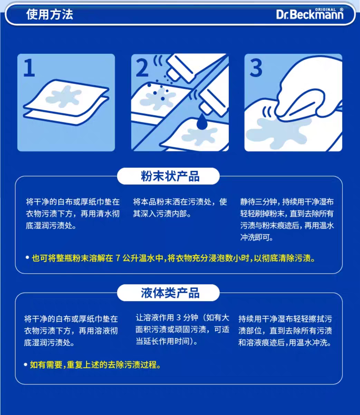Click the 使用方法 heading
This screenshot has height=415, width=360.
point(50,15)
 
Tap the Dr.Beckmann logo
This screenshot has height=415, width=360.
point(310,14)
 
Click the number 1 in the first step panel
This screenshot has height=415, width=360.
point(29,68)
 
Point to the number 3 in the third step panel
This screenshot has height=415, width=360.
point(256,68)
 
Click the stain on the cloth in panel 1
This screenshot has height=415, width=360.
point(64,96)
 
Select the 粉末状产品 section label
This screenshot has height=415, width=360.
point(170,176)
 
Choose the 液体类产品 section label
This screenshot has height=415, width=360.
point(170,293)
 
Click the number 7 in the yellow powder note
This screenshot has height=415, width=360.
point(117,258)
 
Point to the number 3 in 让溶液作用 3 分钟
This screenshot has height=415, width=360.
point(178,317)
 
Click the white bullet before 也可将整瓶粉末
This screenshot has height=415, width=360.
point(27,258)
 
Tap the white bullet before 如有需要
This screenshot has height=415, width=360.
point(26,365)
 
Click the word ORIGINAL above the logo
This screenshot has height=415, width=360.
point(325,10)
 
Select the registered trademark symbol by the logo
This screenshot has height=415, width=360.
point(342,10)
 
